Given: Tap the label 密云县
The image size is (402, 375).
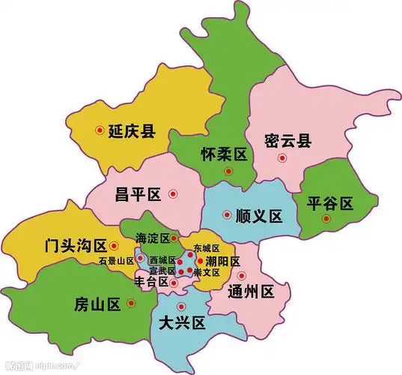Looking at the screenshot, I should (288, 139).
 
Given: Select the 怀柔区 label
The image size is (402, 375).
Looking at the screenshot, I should (225, 154).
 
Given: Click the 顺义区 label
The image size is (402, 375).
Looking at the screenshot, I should (258, 217).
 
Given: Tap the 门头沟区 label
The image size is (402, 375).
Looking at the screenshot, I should (75, 244).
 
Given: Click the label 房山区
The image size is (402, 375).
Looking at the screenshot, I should (98, 304).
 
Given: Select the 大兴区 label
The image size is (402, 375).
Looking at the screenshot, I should (182, 323).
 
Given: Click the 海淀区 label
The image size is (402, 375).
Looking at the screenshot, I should (152, 238).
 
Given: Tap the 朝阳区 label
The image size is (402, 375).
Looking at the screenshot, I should (223, 262).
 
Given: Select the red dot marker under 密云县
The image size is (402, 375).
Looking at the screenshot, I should (281, 157).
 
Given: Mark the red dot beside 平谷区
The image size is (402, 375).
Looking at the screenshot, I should (326, 218).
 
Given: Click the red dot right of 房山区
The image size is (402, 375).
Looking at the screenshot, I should (131, 303).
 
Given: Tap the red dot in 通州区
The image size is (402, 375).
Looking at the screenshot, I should (241, 275).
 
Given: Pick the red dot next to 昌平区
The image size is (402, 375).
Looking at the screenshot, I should (173, 194).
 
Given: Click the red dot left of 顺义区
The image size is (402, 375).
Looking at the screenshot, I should (228, 215).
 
